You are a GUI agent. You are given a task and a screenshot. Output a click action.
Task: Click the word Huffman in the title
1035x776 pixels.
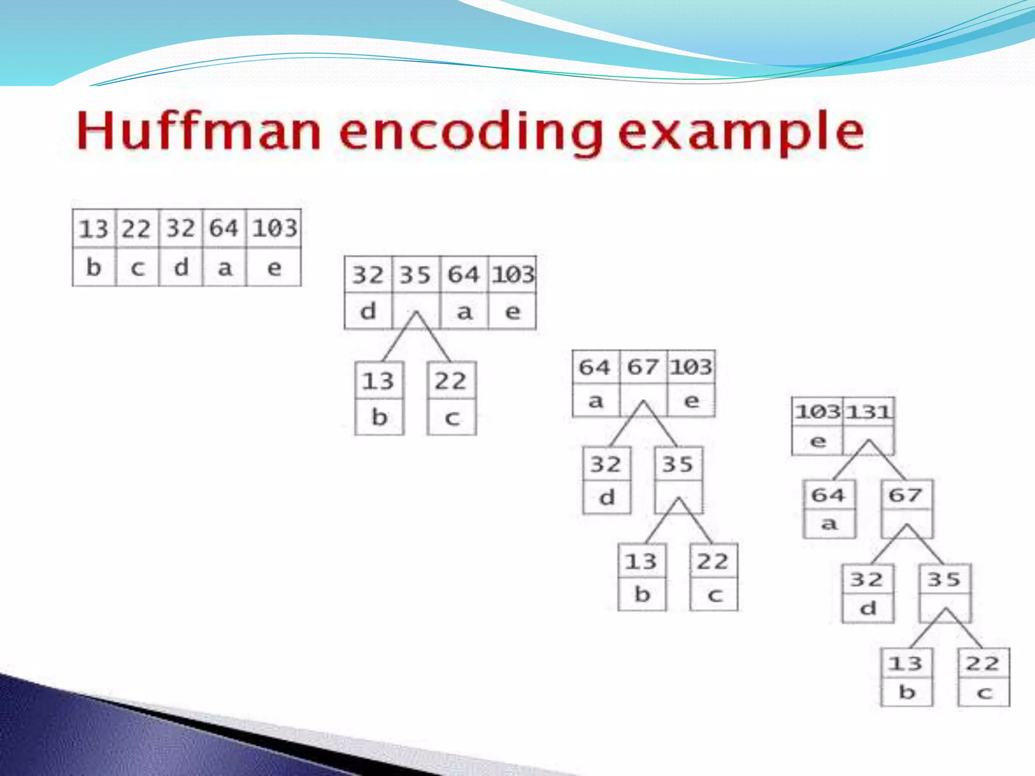pyautogui.click(x=199, y=131)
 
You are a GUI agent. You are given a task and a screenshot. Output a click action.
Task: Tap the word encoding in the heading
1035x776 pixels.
pyautogui.click(x=471, y=132)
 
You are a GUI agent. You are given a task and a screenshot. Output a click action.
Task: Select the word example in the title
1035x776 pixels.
pyautogui.click(x=741, y=132)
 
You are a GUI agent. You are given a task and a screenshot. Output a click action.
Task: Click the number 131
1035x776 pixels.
pyautogui.click(x=868, y=412)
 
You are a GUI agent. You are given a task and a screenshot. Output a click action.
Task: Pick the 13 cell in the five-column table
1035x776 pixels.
pyautogui.click(x=93, y=229)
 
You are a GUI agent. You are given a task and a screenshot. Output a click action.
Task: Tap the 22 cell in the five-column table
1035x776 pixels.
pyautogui.click(x=136, y=229)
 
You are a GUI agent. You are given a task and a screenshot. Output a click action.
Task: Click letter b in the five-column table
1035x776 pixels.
pyautogui.click(x=94, y=267)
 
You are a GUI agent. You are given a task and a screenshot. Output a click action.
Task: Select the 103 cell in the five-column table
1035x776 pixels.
pyautogui.click(x=274, y=228)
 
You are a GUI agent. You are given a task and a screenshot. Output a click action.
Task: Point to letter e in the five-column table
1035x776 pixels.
pyautogui.click(x=274, y=267)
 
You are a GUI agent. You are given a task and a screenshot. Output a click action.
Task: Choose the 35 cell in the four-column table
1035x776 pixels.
pyautogui.click(x=415, y=275)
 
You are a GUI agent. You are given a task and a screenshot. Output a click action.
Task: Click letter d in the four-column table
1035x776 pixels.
pyautogui.click(x=368, y=311)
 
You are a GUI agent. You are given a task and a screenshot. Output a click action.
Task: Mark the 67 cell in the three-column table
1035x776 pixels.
pyautogui.click(x=643, y=367)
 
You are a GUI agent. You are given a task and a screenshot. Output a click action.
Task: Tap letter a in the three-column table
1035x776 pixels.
pyautogui.click(x=596, y=401)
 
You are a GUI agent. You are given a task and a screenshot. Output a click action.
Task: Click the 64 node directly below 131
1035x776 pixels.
pyautogui.click(x=828, y=495)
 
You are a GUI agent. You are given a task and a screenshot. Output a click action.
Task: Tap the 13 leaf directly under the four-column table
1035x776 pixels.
pyautogui.click(x=379, y=380)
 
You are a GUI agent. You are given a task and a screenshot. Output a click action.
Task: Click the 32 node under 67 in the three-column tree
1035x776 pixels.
pyautogui.click(x=606, y=464)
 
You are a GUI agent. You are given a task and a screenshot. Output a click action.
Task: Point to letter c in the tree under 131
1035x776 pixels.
pyautogui.click(x=983, y=692)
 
